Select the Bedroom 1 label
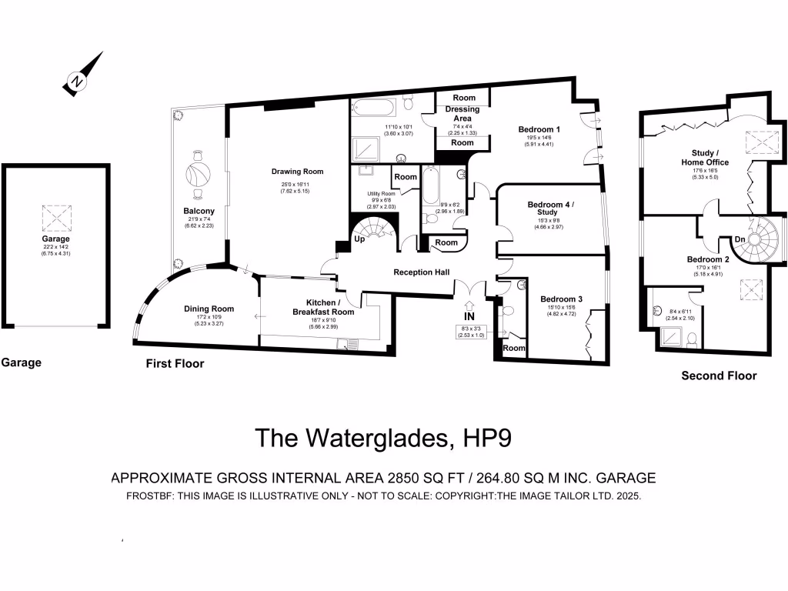click(x=539, y=129)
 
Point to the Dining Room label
click(x=209, y=309)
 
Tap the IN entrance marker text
click(x=469, y=316)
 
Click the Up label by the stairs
click(x=359, y=239)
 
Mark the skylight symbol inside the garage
click(x=55, y=219)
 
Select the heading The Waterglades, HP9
click(x=382, y=438)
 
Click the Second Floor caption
click(x=719, y=376)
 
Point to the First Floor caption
click(x=175, y=363)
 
